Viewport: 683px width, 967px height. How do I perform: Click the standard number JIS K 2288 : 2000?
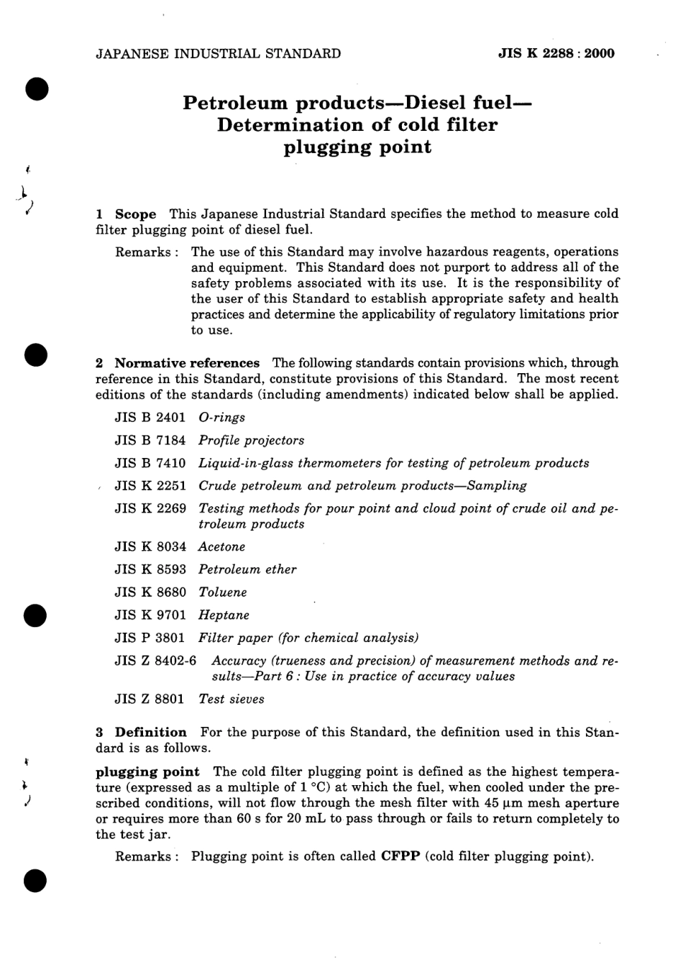[x=556, y=53]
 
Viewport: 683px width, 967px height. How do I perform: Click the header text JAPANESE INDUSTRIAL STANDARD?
[x=218, y=53]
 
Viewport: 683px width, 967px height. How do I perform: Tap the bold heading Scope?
[x=135, y=214]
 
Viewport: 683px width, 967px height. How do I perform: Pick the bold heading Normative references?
[x=187, y=363]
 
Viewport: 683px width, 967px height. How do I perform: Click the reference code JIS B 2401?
[x=150, y=418]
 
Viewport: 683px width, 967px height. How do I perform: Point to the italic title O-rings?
[x=221, y=418]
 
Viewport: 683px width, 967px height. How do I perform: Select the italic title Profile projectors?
[x=251, y=441]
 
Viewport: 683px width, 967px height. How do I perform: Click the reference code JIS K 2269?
[x=150, y=509]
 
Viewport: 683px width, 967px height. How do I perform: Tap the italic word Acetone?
[x=221, y=547]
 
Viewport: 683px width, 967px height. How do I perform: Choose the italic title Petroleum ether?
[x=247, y=569]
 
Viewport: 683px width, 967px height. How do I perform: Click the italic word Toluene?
[x=222, y=592]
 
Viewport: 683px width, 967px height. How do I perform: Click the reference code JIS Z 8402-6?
[x=155, y=661]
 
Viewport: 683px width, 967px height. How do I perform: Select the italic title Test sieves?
[x=231, y=699]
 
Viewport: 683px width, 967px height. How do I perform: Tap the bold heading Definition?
[x=150, y=733]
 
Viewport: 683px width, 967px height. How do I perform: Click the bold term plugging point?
[x=147, y=772]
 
